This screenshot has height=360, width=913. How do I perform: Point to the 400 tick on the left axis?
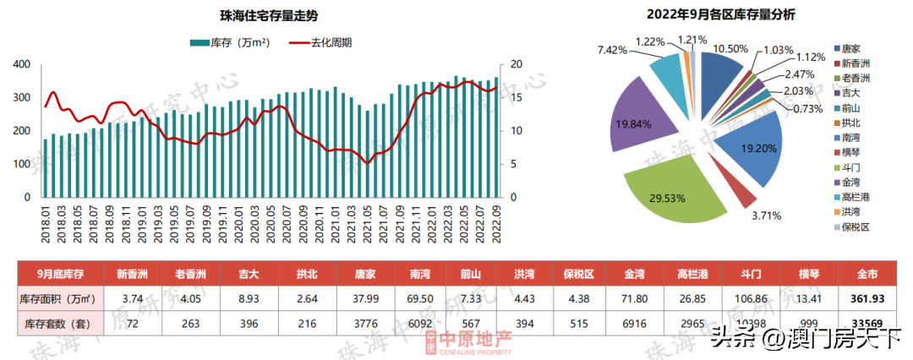pos(23,65)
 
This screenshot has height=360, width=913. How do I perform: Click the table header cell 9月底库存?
pos(60,274)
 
